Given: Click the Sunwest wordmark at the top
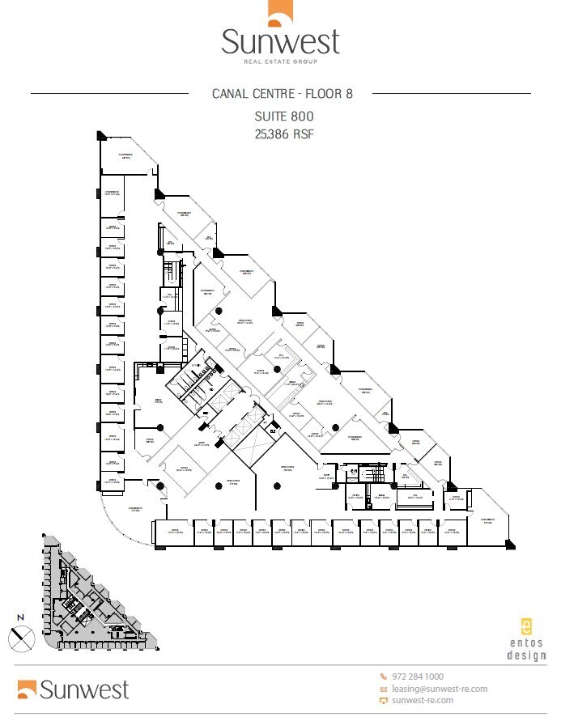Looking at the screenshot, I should [280, 42].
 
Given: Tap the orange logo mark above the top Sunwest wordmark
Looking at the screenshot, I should [280, 14].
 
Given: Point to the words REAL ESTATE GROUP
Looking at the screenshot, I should [280, 61].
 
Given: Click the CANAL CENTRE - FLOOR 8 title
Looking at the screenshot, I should [283, 93].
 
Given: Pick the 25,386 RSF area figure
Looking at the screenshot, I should [283, 134].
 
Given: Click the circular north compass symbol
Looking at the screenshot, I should [22, 638].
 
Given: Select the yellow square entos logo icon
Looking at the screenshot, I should [526, 626].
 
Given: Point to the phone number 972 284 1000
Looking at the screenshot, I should [418, 676].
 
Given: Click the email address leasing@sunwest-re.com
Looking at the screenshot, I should [440, 689].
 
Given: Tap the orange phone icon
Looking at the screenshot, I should [384, 676].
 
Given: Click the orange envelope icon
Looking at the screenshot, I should [384, 689].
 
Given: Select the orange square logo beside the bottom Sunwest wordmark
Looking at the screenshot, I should [27, 689].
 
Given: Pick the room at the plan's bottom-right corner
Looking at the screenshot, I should [487, 518].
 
